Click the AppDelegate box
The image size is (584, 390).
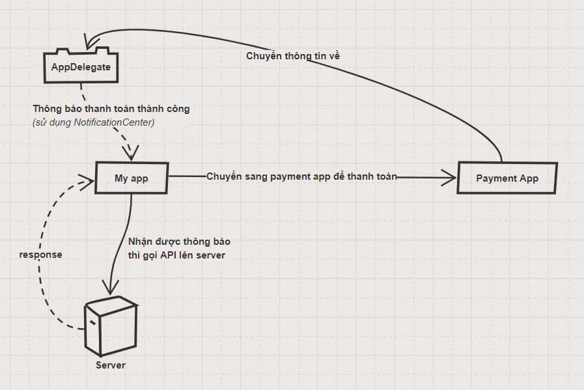tap(81, 66)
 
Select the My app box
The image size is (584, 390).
tap(132, 177)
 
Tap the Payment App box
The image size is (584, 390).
tap(507, 178)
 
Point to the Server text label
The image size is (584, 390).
tap(110, 365)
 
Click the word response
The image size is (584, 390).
tap(41, 255)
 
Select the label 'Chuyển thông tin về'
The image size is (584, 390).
tap(293, 56)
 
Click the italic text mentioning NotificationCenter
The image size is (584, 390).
tap(93, 122)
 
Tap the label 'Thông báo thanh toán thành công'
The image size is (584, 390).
tap(111, 109)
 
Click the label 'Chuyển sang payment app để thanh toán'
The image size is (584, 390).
tap(301, 176)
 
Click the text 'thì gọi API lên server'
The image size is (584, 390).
tap(176, 255)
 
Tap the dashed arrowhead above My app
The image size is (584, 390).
tap(132, 154)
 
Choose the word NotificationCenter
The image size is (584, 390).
tap(114, 122)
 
